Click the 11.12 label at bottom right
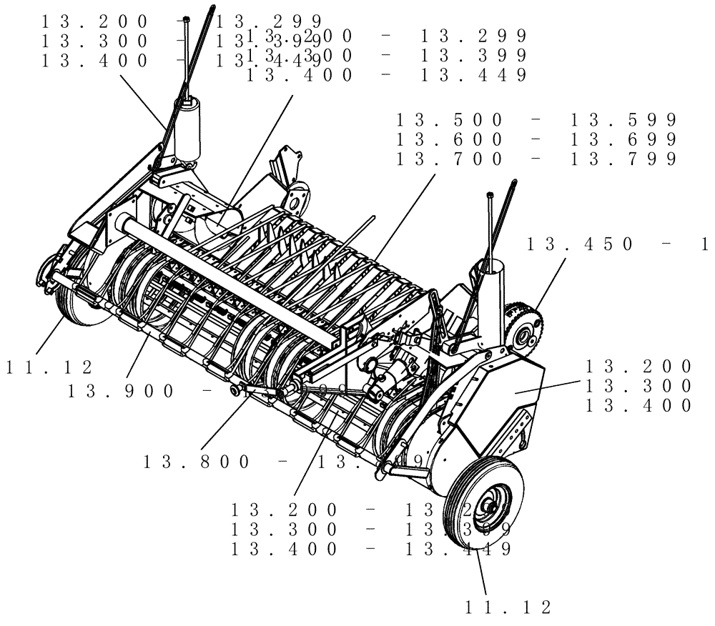508,607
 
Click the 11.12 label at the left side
49,367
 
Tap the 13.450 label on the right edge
579,244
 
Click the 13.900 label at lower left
120,391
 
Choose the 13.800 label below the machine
197,462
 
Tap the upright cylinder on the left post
188,130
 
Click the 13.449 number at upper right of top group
473,74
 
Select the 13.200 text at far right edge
638,367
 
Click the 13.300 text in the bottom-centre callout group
284,530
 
